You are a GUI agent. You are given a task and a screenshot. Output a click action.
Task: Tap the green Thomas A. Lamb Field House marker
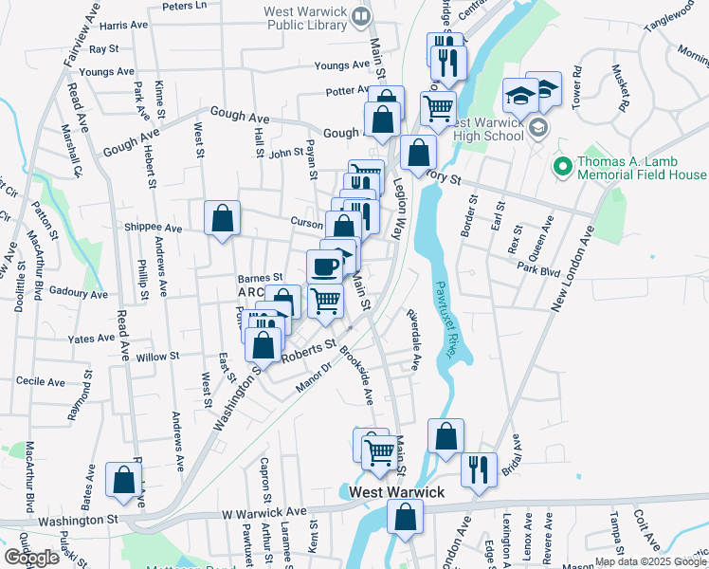click(561, 167)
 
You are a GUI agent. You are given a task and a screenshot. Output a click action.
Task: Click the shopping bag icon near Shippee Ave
click(221, 219)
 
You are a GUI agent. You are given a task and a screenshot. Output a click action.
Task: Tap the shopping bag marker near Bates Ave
click(123, 480)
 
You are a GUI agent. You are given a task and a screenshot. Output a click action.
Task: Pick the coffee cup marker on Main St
click(325, 266)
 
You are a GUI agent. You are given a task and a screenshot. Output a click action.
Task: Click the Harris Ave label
click(123, 25)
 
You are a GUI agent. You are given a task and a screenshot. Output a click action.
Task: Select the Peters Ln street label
click(185, 6)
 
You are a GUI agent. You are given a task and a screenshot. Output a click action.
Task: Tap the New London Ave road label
click(572, 266)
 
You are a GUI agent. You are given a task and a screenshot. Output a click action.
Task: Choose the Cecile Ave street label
click(41, 381)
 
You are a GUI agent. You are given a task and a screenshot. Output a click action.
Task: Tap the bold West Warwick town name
click(396, 492)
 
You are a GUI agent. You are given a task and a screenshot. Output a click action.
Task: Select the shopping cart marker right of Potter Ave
click(438, 108)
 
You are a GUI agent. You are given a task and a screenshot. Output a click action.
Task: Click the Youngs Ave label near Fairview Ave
click(107, 71)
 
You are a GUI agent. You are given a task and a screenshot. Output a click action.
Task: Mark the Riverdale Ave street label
click(413, 339)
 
